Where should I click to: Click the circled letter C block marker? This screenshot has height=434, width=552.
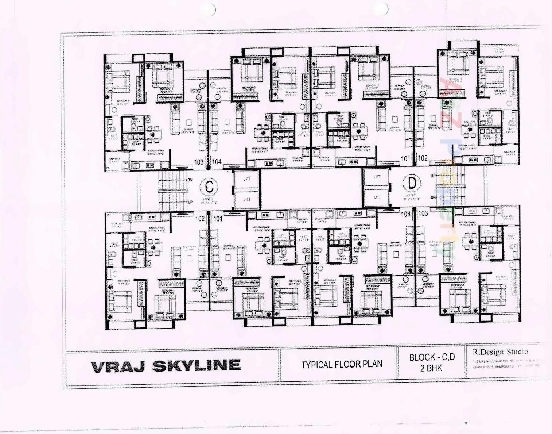point(209,187)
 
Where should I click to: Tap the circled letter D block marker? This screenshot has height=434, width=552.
point(412,183)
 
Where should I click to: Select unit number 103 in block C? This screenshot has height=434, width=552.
point(199,162)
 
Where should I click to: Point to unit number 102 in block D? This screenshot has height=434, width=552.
point(423,158)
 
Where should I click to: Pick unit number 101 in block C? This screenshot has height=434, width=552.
point(218,219)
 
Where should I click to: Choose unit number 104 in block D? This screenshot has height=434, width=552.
point(406,214)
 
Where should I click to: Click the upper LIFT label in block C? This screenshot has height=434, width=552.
point(247,179)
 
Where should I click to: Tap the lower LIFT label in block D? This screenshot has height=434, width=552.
point(377,197)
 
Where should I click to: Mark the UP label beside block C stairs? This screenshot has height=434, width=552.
point(190,202)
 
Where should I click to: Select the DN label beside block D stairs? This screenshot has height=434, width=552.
point(433,197)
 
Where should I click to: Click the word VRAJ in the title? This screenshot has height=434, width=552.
point(118,366)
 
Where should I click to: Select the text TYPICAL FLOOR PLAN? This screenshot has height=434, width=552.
point(342,364)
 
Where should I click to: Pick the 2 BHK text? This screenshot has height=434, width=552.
point(431,368)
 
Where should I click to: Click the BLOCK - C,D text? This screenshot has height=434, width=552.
point(432,357)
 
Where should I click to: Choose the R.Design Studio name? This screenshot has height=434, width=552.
point(500,352)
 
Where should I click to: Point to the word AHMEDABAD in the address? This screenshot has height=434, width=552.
point(504,366)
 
